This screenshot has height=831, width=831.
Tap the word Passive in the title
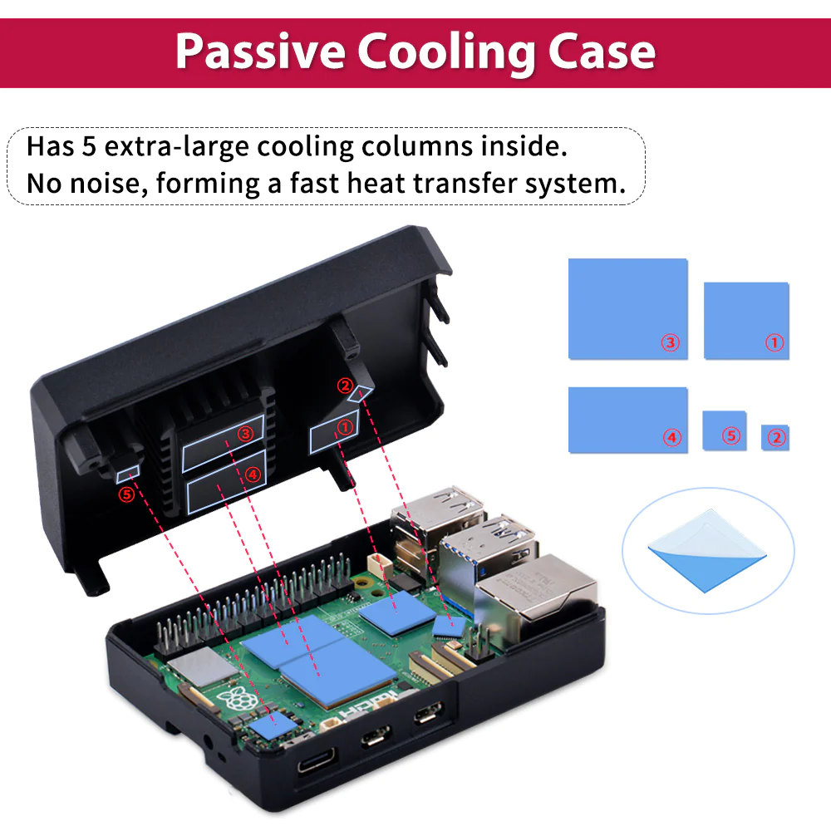pos(260,52)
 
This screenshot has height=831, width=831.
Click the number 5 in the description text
pos(89,146)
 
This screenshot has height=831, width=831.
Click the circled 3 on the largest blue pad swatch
pos(671,342)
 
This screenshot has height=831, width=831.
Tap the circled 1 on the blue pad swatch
pos(774,342)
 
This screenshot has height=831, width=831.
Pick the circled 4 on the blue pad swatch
pos(672,437)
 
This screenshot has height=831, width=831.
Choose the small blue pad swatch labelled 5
pos(725,430)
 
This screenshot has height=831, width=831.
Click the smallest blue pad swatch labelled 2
pos(774,437)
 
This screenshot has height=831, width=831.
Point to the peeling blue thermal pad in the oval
pos(707,552)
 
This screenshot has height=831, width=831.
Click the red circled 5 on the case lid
pos(126,494)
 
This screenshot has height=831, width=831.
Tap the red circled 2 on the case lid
pos(345,386)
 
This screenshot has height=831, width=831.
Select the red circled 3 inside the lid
pos(245,434)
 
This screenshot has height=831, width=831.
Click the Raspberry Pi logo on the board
pos(237,699)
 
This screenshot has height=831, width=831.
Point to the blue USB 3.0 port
pos(485,557)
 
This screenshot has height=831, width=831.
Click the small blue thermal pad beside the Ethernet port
pos(449,627)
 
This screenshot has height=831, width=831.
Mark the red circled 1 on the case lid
pos(345,426)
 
